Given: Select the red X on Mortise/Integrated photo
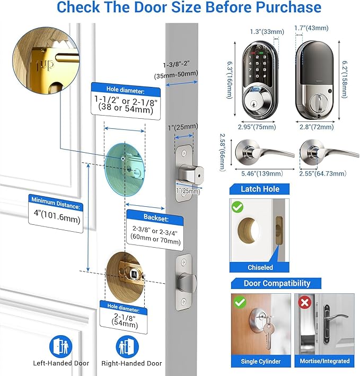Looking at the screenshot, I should coord(304,303).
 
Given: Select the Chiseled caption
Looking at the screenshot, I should coord(260,267).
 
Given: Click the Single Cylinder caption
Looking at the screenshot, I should coord(260,361).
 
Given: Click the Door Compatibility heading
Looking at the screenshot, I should coord(270,283).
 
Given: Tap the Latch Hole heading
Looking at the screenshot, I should coord(260,189).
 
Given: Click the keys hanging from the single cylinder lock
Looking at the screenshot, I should coord(268,334).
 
